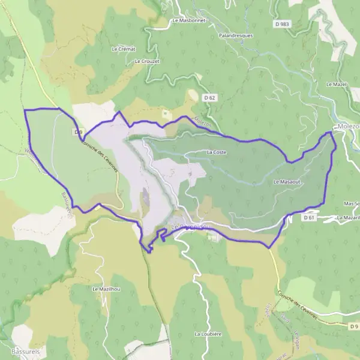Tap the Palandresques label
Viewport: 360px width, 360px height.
click(236, 35)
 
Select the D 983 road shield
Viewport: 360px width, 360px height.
click(281, 25)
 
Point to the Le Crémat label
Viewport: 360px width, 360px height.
click(124, 49)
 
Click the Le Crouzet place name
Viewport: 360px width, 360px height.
click(146, 61)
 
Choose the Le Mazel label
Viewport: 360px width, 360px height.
click(337, 85)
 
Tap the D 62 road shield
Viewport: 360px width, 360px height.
click(209, 97)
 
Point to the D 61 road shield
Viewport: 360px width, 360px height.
click(309, 218)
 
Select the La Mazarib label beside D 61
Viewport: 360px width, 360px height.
click(347, 218)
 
